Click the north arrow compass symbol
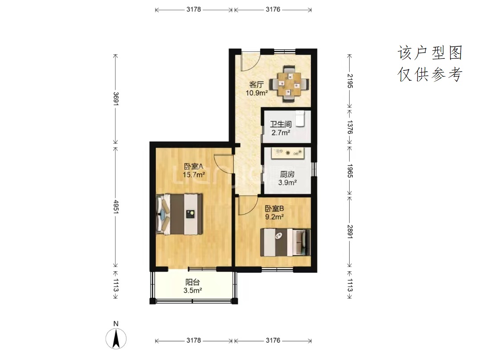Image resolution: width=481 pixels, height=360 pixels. click(116, 339)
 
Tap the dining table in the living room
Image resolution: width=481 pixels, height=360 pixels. click(289, 84)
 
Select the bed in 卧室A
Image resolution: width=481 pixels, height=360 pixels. click(179, 214)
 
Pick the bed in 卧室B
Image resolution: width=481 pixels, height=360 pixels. click(285, 242)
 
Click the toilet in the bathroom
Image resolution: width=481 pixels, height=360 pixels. click(300, 119)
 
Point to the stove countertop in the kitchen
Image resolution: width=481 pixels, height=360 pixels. click(288, 152)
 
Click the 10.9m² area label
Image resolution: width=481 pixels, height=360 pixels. click(257, 93)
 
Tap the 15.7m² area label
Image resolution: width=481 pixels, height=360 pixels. click(194, 175)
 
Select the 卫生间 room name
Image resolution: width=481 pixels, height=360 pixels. click(281, 124)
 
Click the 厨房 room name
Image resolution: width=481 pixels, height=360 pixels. click(287, 174)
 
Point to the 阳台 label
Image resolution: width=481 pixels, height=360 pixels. click(192, 282)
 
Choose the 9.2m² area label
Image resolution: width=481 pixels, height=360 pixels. click(274, 217)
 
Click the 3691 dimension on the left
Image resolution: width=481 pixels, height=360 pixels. click(116, 99)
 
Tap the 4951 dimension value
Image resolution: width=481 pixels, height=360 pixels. click(116, 207)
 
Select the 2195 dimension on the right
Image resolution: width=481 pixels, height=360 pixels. click(350, 81)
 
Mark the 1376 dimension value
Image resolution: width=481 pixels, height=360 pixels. click(350, 127)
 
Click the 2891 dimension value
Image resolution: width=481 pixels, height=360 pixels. click(350, 232)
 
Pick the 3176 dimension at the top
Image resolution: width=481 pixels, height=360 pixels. click(273, 9)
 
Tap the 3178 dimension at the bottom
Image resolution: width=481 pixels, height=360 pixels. click(194, 340)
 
